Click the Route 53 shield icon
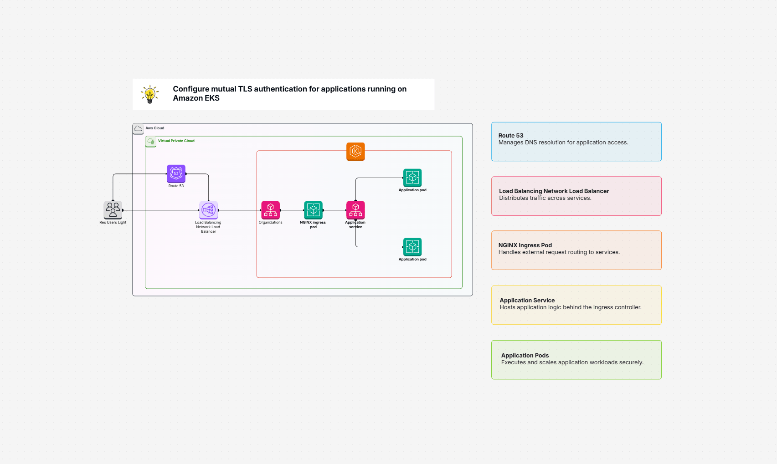pyautogui.click(x=176, y=173)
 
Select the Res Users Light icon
pyautogui.click(x=113, y=210)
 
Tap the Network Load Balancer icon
pyautogui.click(x=208, y=210)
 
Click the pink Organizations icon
pyautogui.click(x=270, y=210)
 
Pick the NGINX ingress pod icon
pyautogui.click(x=313, y=210)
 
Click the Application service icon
pyautogui.click(x=355, y=210)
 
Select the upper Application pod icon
pyautogui.click(x=412, y=178)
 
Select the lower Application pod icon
pyautogui.click(x=412, y=247)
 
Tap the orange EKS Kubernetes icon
pyautogui.click(x=355, y=151)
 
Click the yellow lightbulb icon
pyautogui.click(x=150, y=94)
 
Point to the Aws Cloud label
pyautogui.click(x=155, y=128)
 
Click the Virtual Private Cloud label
pyautogui.click(x=176, y=141)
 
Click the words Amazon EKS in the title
pyautogui.click(x=196, y=98)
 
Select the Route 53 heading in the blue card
pyautogui.click(x=510, y=136)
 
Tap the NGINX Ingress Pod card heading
pyautogui.click(x=525, y=245)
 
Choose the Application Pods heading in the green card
pyautogui.click(x=525, y=356)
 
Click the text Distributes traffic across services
pyautogui.click(x=545, y=198)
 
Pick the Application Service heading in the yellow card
pyautogui.click(x=527, y=301)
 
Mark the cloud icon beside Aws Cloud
pyautogui.click(x=138, y=128)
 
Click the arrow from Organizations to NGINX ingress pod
pyautogui.click(x=292, y=210)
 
